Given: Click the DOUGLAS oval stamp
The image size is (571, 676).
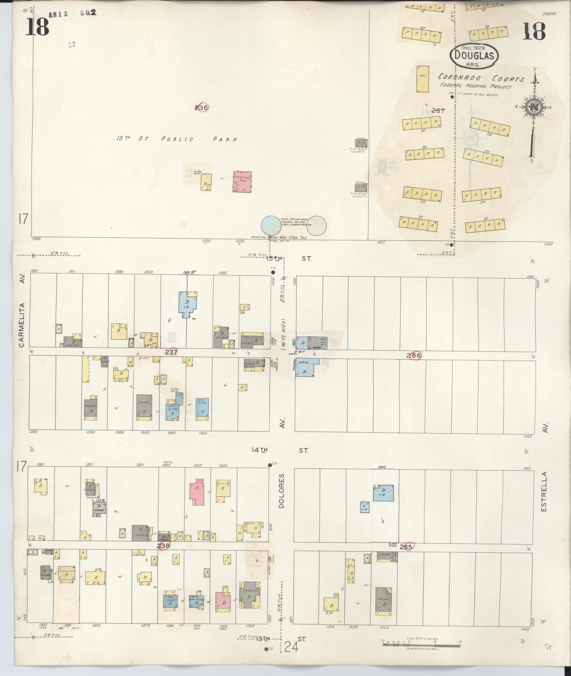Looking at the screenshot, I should (x=474, y=55).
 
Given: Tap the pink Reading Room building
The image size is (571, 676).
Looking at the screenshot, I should (x=242, y=181).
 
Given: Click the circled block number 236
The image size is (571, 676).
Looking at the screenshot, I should (x=201, y=107).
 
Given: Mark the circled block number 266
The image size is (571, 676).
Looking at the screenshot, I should (x=414, y=355).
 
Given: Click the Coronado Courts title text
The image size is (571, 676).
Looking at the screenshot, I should (x=481, y=78).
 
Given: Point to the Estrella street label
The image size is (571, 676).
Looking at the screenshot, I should (x=544, y=491).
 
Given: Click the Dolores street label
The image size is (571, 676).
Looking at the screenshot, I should (x=281, y=491).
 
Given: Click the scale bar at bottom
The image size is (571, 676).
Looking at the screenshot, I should (x=421, y=644).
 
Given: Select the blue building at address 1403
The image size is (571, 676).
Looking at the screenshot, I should (x=383, y=493).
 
